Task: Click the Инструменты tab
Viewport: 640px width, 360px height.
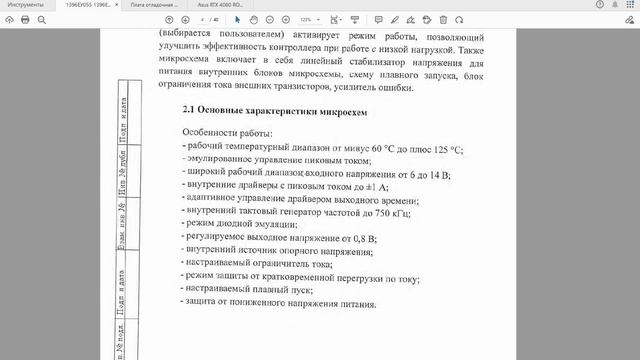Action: click(x=24, y=6)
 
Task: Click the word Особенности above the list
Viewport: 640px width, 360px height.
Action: click(x=212, y=133)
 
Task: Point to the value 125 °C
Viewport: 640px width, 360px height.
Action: click(x=443, y=149)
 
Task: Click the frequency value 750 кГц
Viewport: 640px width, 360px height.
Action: click(x=391, y=213)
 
